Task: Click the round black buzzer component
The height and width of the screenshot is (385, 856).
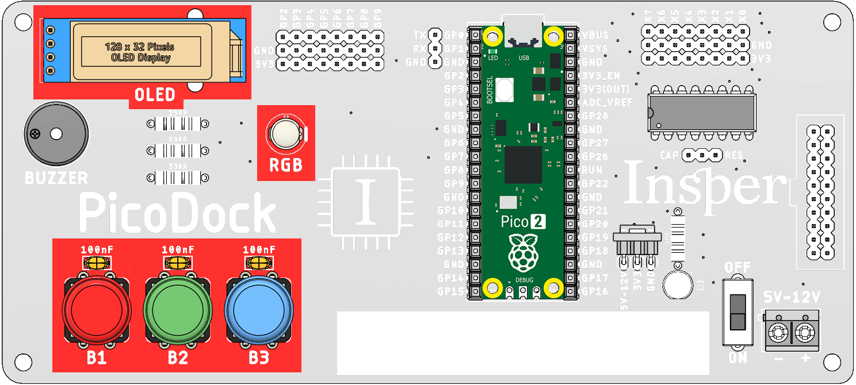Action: pyautogui.click(x=56, y=134)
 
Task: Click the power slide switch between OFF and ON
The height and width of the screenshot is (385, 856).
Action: pyautogui.click(x=737, y=312)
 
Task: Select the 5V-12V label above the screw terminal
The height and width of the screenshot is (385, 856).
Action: pyautogui.click(x=791, y=297)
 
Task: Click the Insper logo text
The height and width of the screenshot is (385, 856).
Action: pyautogui.click(x=705, y=183)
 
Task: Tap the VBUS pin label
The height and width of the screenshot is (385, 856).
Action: pyautogui.click(x=595, y=35)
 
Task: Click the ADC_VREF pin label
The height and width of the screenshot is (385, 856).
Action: pyautogui.click(x=607, y=102)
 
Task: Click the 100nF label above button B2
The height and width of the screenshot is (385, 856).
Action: pyautogui.click(x=178, y=250)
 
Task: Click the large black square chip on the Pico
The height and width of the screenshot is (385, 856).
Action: pyautogui.click(x=523, y=164)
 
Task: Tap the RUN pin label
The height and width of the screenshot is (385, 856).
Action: pyautogui.click(x=592, y=170)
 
